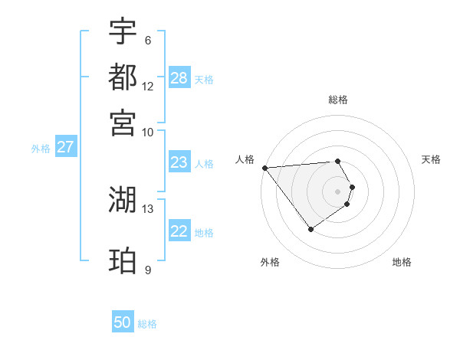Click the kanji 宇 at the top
click(x=123, y=31)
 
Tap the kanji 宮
click(x=123, y=122)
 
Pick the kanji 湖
click(x=123, y=200)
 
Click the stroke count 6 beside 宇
click(x=148, y=41)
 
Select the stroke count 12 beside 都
click(x=148, y=87)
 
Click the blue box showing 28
click(x=179, y=78)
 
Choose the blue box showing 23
click(x=179, y=162)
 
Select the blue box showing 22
click(x=179, y=231)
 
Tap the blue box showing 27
click(x=65, y=147)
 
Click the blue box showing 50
click(x=123, y=322)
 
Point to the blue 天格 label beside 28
click(x=204, y=80)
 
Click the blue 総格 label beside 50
click(x=147, y=324)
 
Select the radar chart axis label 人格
click(x=245, y=159)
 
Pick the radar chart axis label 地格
click(x=402, y=262)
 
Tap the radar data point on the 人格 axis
click(x=264, y=168)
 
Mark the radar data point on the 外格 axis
click(x=310, y=229)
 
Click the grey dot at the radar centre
click(x=337, y=191)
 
